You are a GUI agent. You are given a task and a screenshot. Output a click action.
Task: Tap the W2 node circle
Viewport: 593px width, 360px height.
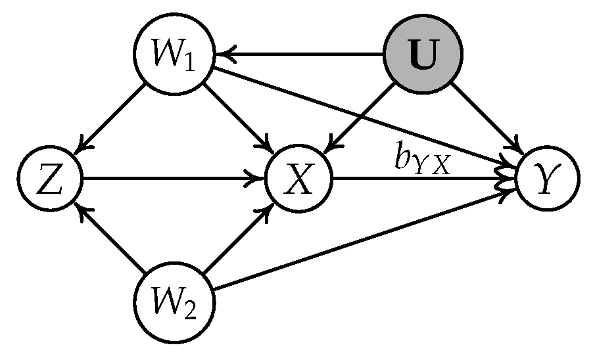(x=172, y=304)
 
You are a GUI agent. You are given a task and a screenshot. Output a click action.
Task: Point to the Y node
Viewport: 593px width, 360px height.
(x=548, y=179)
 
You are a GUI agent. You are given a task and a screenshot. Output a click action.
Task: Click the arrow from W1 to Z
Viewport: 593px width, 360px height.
(x=112, y=116)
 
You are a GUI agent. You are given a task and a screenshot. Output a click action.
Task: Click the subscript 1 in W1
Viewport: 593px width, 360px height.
(x=190, y=62)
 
